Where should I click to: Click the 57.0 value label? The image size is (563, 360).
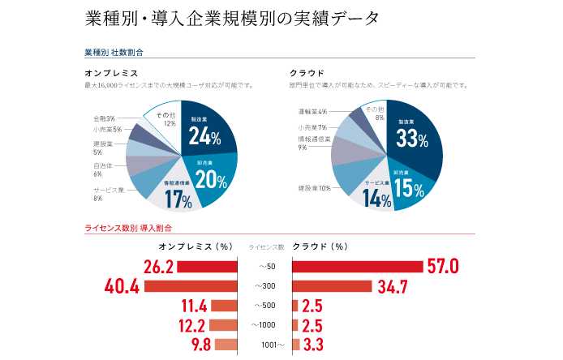click(443, 267)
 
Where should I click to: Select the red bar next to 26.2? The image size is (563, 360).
click(207, 267)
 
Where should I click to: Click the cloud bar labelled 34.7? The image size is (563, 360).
click(332, 286)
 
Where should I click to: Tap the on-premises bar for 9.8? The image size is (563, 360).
click(226, 345)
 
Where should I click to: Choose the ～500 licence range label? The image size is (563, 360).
click(265, 306)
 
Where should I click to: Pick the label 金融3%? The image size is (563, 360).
click(105, 118)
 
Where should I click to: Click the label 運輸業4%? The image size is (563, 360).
click(312, 111)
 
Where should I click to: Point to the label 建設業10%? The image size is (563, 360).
click(313, 188)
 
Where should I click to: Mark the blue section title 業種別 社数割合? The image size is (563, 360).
click(113, 52)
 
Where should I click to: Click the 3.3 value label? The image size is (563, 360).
click(314, 345)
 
